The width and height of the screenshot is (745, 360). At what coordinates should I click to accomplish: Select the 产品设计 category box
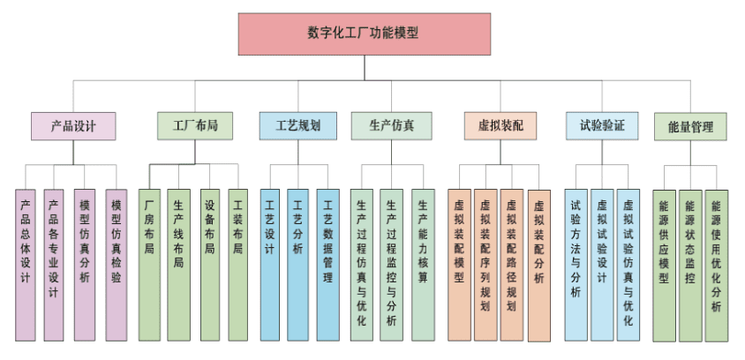(x=72, y=125)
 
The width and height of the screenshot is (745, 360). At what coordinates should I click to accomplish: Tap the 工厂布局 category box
(x=195, y=125)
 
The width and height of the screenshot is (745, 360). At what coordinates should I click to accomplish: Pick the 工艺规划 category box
(x=297, y=125)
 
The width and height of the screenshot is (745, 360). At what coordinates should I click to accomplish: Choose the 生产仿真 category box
(x=392, y=125)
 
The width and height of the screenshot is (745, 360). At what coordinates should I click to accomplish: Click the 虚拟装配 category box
(x=500, y=125)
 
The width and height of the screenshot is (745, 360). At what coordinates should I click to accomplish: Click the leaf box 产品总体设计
(x=26, y=264)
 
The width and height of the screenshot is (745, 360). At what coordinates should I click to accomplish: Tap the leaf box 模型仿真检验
(x=117, y=264)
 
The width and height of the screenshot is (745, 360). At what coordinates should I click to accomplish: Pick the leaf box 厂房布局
(x=149, y=264)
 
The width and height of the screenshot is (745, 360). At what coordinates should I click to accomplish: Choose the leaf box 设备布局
(x=209, y=264)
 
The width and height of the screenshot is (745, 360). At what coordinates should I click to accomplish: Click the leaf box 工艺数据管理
(x=327, y=264)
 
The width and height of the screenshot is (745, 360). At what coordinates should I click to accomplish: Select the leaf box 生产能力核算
(x=423, y=264)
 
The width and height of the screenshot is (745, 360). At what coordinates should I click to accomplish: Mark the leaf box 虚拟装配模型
(x=459, y=264)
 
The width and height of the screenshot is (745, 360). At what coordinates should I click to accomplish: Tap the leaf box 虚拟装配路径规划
(x=512, y=264)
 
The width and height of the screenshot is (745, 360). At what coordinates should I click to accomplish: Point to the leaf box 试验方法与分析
(x=576, y=264)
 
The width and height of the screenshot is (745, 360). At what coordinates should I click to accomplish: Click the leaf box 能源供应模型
(x=664, y=264)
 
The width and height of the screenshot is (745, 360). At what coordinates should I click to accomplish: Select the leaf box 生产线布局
(x=178, y=264)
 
